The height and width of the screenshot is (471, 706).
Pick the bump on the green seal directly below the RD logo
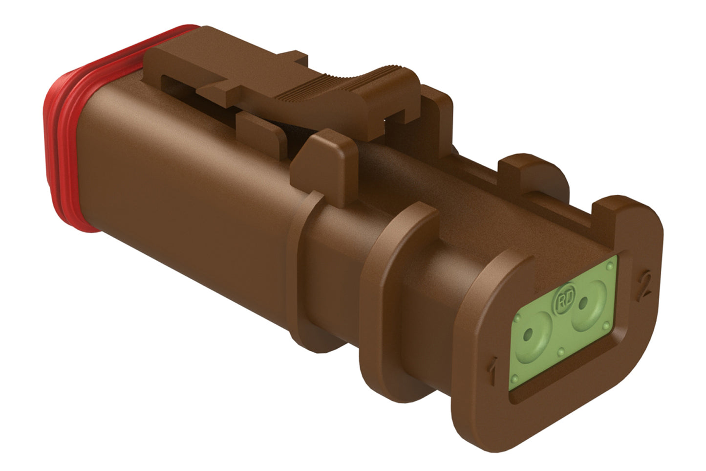pos(562,350)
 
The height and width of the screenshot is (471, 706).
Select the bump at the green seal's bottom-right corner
pos(606,325)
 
